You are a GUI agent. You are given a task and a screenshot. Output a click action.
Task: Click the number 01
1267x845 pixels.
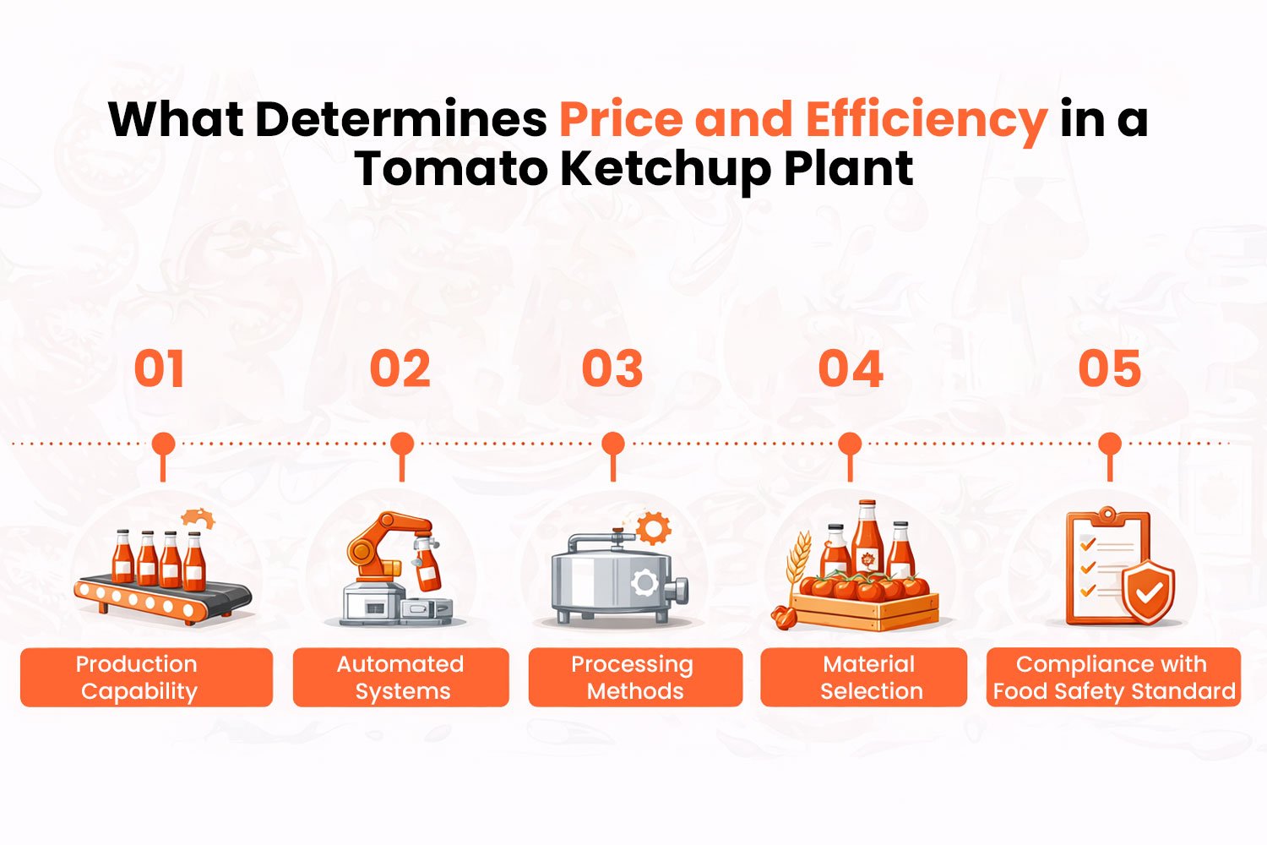(159, 369)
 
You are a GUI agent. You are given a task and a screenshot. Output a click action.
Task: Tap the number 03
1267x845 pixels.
(612, 369)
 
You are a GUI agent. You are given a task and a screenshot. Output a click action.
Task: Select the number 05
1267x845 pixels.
(1110, 369)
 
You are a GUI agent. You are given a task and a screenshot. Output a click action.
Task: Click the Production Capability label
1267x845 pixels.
(146, 677)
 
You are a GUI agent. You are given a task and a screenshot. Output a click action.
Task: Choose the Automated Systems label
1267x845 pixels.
(401, 677)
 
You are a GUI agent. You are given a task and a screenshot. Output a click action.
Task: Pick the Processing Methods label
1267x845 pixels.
(635, 677)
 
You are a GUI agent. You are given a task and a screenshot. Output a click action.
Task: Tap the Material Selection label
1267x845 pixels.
(864, 677)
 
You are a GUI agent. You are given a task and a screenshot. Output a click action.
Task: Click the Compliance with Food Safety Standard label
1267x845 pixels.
(1113, 677)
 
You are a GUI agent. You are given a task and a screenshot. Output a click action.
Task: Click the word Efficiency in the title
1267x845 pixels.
(926, 119)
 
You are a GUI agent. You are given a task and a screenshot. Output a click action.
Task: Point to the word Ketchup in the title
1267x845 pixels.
(666, 168)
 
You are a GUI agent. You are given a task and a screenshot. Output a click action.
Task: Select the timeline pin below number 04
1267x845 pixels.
(850, 444)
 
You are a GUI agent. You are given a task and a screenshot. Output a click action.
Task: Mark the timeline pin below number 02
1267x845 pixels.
(402, 444)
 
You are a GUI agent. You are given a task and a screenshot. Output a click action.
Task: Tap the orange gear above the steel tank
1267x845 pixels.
(653, 528)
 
